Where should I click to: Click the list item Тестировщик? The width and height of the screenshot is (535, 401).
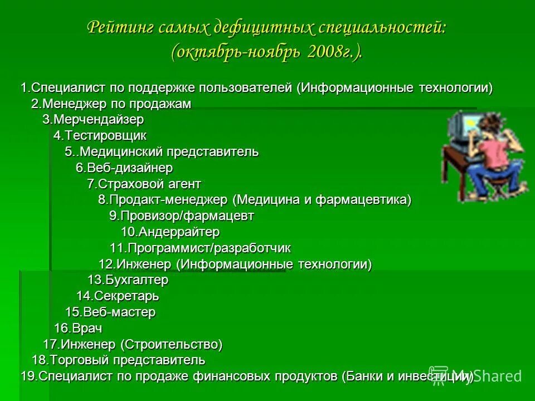tap(100, 135)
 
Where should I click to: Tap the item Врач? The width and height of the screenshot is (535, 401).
tap(78, 328)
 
